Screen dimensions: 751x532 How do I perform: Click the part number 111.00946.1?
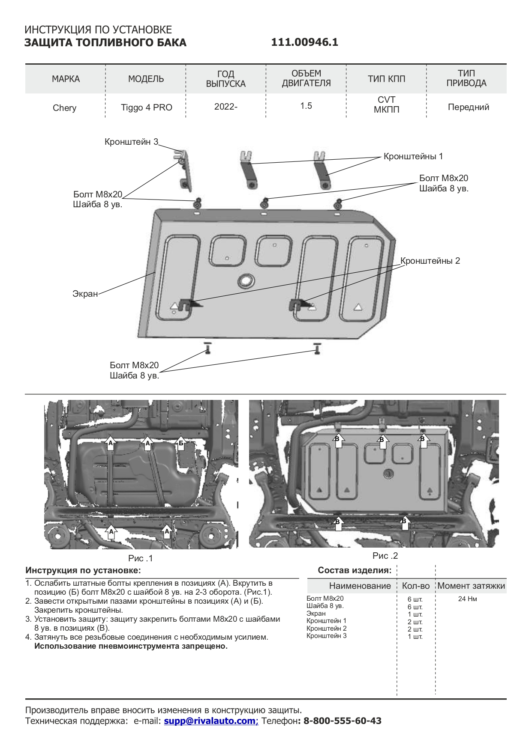[304, 42]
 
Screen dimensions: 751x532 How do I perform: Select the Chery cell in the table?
[64, 108]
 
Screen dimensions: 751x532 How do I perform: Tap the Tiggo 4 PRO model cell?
[146, 107]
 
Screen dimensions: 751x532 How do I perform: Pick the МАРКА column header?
[66, 79]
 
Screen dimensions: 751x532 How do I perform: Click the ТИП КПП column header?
[386, 79]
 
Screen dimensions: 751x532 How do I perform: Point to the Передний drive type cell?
[468, 107]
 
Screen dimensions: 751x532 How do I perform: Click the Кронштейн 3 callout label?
[131, 142]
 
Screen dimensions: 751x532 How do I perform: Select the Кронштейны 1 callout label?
[413, 156]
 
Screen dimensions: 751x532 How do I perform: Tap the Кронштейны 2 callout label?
[430, 261]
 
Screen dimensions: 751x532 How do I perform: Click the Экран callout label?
[85, 294]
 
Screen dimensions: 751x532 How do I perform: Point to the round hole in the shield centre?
[246, 280]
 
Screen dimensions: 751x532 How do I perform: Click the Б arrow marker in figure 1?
[181, 443]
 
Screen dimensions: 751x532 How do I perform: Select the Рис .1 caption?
[140, 558]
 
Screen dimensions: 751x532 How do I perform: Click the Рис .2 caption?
[385, 556]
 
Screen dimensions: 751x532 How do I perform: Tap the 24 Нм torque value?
[467, 599]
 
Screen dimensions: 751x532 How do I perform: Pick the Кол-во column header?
[415, 586]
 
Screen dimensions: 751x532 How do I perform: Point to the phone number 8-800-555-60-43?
[342, 721]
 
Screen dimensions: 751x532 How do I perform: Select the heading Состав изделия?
[355, 570]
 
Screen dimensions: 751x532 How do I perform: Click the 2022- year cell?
[225, 106]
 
